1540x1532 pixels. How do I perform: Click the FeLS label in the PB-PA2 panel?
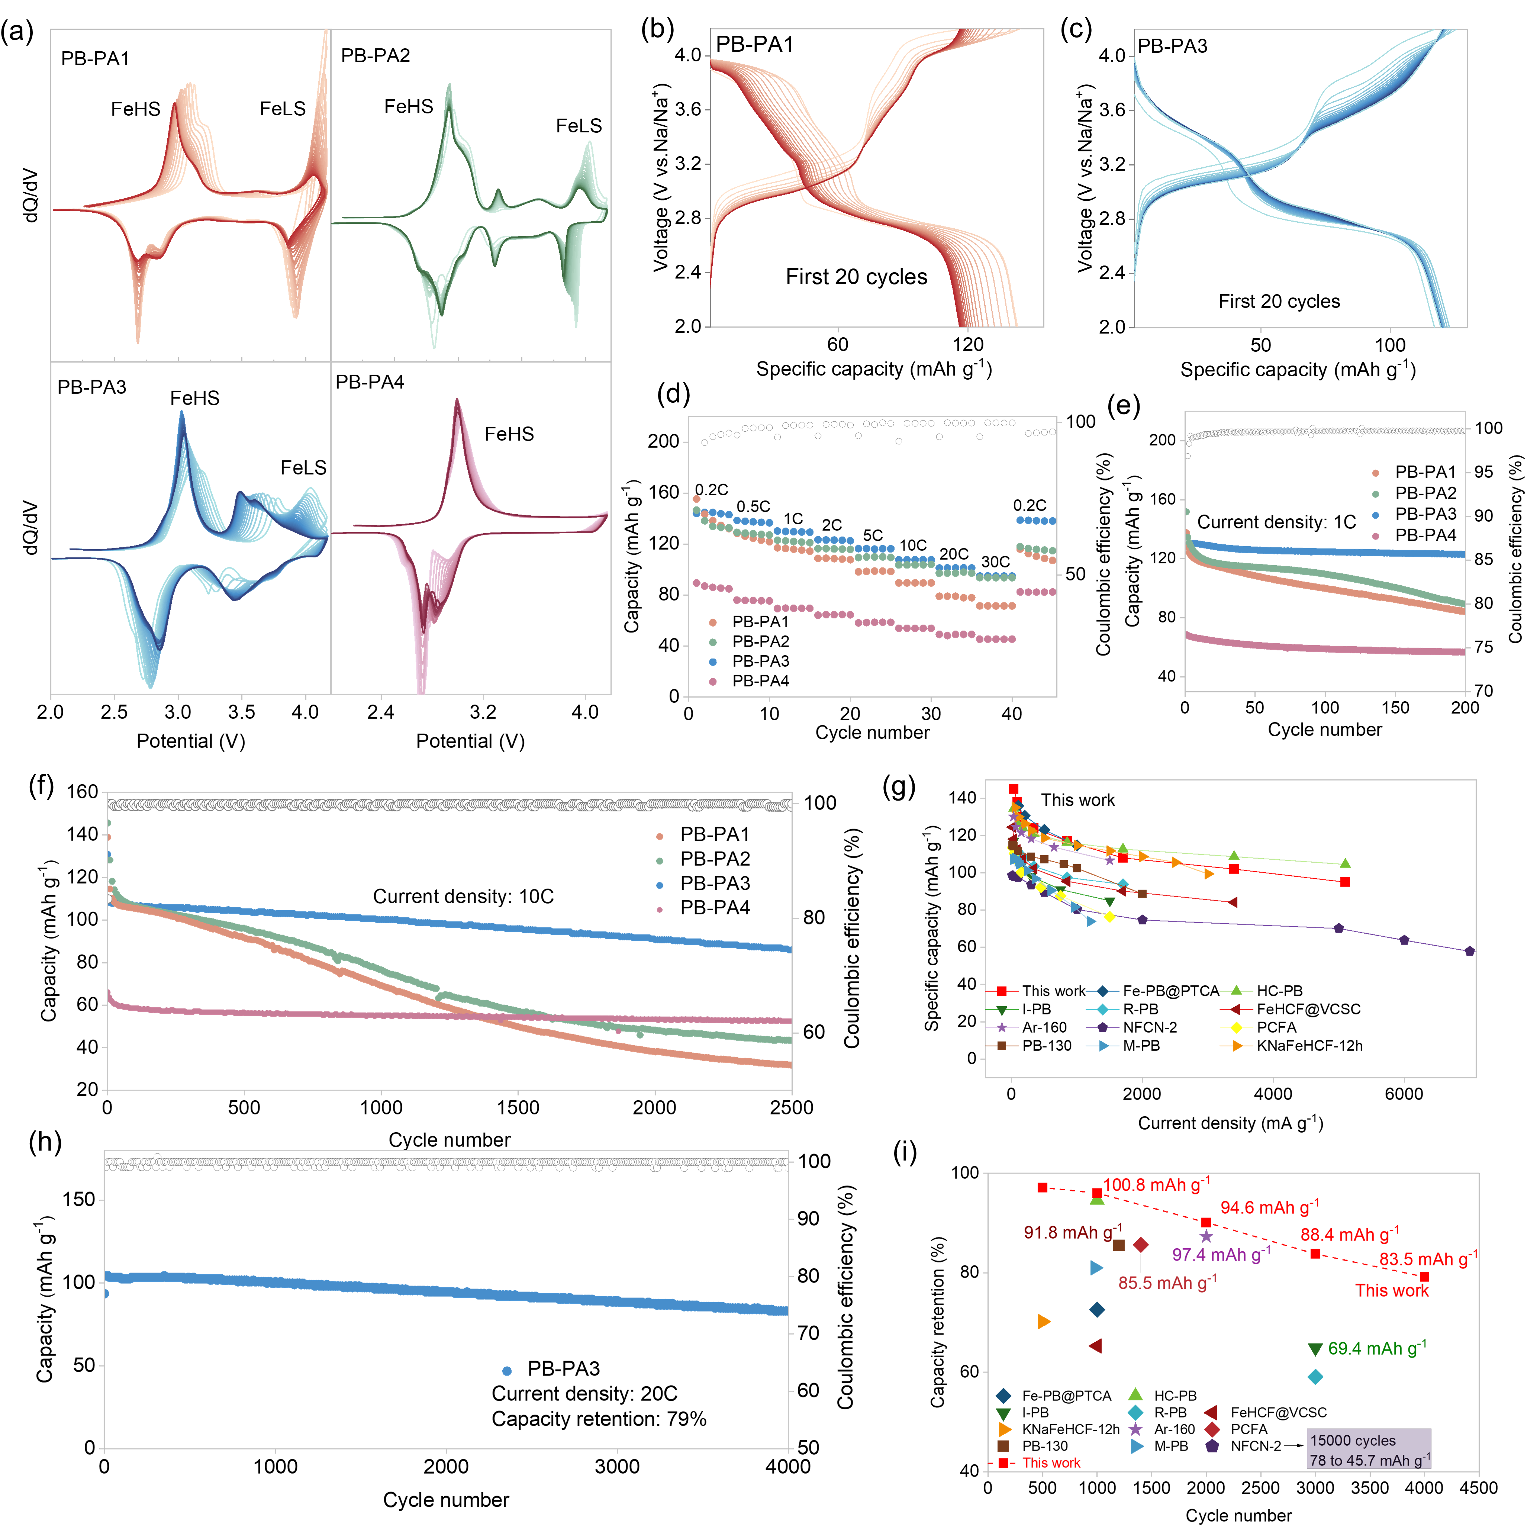(x=579, y=126)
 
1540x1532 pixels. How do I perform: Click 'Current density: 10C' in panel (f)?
(x=463, y=897)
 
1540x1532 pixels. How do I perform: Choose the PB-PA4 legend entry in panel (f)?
(x=714, y=908)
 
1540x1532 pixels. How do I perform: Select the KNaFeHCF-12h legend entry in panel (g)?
(x=1309, y=1046)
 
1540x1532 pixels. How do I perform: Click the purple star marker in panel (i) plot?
(x=1206, y=1236)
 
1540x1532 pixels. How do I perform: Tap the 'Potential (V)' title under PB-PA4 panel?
(x=470, y=741)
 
